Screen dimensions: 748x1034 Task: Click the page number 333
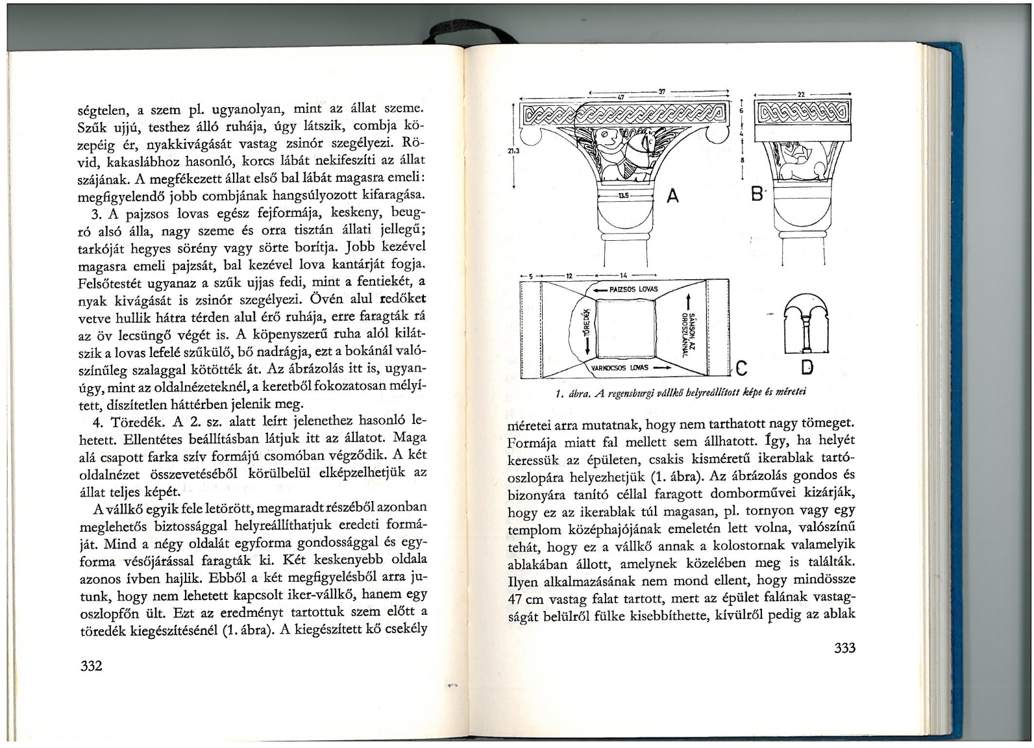click(843, 647)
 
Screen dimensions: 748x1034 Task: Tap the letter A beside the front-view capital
click(672, 195)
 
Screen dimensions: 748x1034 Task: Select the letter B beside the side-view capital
click(756, 194)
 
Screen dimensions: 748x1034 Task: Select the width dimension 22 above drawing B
click(800, 94)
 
